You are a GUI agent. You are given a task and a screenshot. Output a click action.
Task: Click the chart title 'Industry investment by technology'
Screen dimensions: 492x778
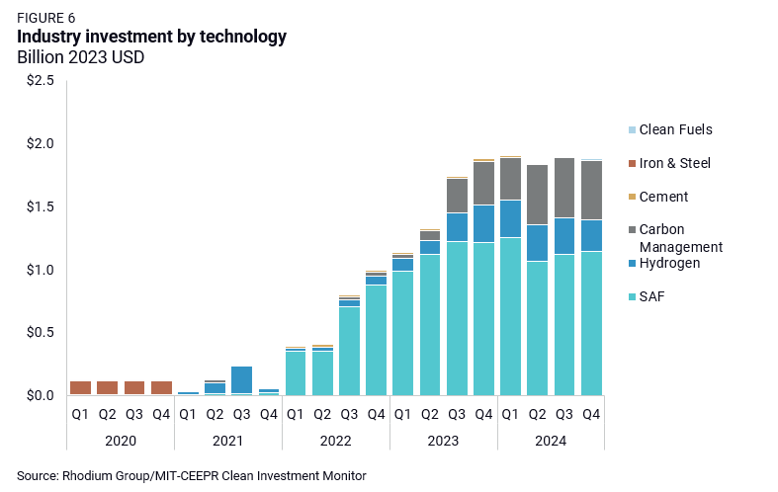point(152,37)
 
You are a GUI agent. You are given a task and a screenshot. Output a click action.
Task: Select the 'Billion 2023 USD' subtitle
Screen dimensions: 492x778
point(81,57)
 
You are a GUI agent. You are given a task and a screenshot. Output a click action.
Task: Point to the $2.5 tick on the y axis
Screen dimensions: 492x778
point(41,81)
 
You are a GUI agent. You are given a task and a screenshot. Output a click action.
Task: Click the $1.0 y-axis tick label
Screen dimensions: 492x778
point(41,270)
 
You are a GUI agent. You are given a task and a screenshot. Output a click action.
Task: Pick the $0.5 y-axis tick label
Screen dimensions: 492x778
point(41,333)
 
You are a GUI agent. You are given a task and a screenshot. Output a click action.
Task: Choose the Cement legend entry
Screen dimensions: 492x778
point(663,197)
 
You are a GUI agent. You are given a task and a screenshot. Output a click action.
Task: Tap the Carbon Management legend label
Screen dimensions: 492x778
point(681,238)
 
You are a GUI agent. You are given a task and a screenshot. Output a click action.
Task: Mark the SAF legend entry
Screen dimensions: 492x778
point(653,296)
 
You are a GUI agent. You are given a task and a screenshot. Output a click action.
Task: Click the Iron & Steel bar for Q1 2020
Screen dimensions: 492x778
point(81,387)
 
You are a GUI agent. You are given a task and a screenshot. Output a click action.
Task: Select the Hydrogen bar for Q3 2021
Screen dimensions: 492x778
point(242,379)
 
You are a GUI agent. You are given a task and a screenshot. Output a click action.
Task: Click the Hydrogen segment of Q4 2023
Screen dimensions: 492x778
point(483,223)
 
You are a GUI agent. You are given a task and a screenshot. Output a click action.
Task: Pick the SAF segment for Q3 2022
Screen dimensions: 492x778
point(349,351)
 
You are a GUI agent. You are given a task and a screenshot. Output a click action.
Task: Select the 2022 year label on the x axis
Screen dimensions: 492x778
point(336,440)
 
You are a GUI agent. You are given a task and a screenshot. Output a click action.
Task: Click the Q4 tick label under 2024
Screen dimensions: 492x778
point(591,415)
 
